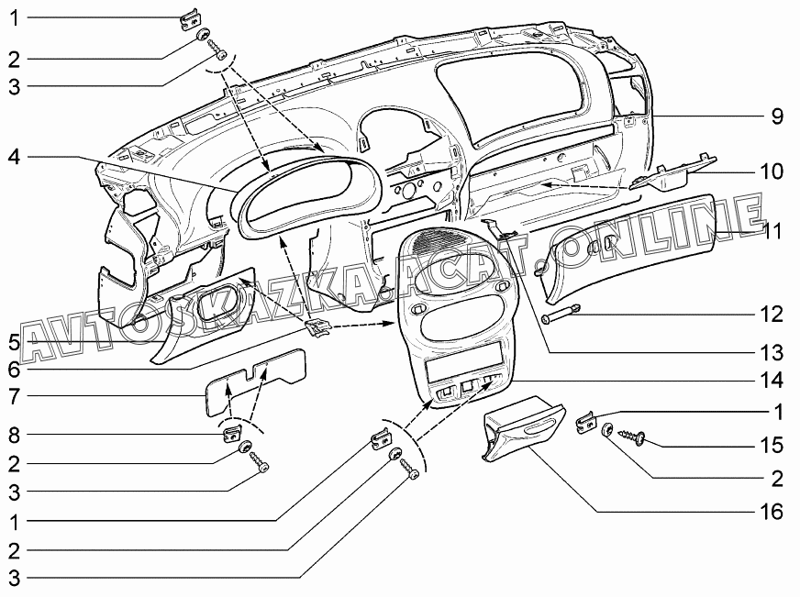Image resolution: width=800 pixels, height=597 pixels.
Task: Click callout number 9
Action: (775, 116)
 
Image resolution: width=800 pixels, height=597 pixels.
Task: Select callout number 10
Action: (771, 171)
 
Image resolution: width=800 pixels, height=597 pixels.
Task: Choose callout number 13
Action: (771, 352)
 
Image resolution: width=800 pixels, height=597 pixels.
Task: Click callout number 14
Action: (771, 380)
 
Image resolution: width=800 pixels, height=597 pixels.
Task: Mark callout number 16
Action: (771, 511)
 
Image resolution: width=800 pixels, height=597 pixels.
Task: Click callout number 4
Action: (13, 156)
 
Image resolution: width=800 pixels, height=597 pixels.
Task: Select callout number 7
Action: (13, 397)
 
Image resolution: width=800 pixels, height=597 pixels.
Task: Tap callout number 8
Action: (13, 434)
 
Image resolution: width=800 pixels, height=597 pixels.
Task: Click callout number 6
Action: (13, 370)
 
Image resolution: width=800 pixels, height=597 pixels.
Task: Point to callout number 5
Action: (13, 343)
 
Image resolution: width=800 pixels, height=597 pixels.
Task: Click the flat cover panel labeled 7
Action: (253, 378)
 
